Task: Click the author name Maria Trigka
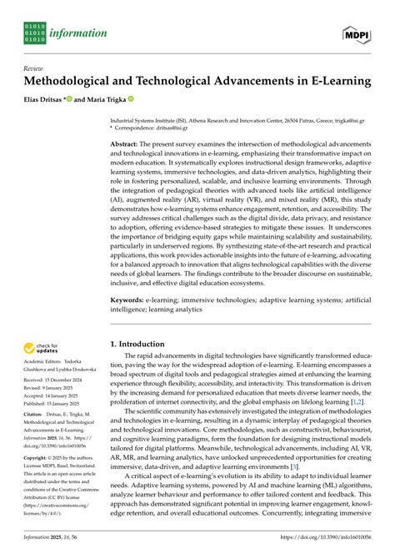coord(125,101)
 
